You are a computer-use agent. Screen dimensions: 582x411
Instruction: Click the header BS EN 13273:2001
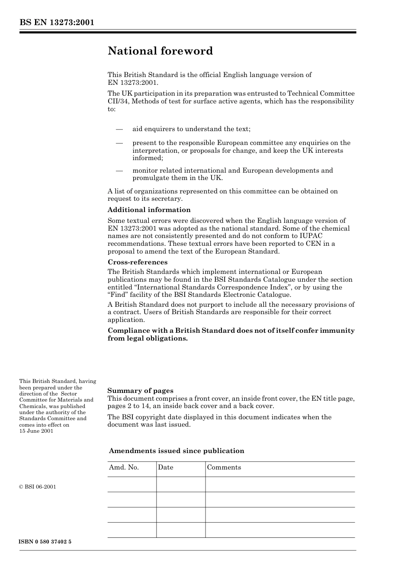click(x=57, y=23)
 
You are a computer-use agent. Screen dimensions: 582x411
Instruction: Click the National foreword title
click(x=160, y=51)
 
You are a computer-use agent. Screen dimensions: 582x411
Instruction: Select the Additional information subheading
click(x=149, y=210)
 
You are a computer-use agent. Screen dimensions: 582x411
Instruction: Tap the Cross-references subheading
click(x=137, y=262)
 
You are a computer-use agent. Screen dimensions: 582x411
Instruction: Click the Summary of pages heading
click(x=140, y=391)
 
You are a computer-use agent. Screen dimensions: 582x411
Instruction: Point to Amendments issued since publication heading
click(x=177, y=451)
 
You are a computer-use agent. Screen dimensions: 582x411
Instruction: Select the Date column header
click(x=165, y=467)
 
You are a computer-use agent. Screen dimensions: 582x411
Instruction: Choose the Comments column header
click(x=224, y=467)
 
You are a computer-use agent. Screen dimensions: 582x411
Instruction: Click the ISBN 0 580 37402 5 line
click(x=45, y=542)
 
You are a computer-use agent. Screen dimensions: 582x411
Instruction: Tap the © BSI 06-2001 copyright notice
click(x=38, y=487)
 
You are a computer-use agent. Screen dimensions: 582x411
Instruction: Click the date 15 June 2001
click(x=36, y=431)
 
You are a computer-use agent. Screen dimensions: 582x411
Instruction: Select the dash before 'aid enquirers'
click(x=119, y=129)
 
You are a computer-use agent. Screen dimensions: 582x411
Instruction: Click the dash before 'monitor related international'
click(x=119, y=170)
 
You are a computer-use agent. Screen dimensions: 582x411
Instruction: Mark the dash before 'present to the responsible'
click(x=119, y=143)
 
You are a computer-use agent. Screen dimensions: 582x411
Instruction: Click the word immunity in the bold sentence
click(x=337, y=331)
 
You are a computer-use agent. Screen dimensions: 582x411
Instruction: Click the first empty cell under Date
click(x=180, y=485)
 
